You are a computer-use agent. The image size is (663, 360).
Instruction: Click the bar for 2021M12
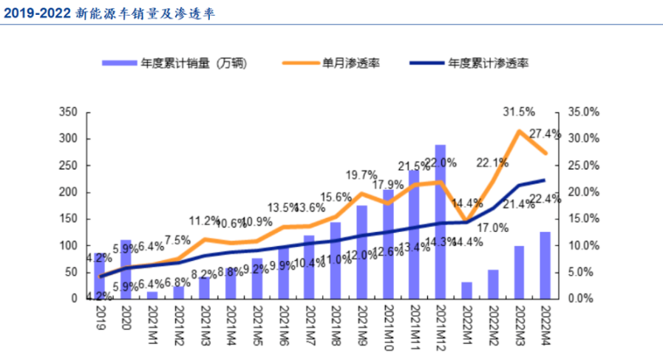point(440,222)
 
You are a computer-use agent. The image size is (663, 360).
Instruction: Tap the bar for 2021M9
point(361,252)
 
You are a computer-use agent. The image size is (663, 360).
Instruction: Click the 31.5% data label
point(518,112)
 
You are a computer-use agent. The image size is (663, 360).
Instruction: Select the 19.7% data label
point(361,175)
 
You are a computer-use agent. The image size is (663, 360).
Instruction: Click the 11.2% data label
point(204,220)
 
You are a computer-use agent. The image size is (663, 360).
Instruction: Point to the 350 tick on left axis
point(69,112)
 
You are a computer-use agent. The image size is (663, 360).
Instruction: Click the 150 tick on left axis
point(69,219)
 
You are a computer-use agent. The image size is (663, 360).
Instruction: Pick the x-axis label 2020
point(126,314)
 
